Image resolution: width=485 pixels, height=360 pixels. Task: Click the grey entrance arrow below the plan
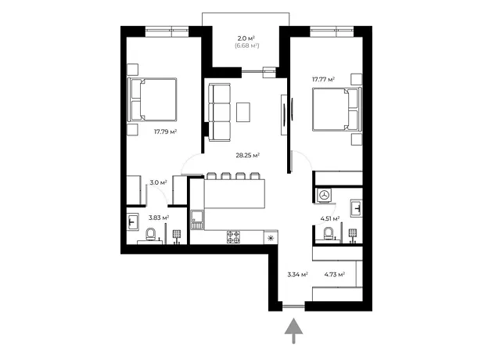pyautogui.click(x=293, y=330)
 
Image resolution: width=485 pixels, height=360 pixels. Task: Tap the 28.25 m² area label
pyautogui.click(x=247, y=155)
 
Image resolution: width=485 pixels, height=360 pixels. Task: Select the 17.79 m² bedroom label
pyautogui.click(x=166, y=131)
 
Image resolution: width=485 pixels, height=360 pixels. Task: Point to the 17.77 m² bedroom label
pyautogui.click(x=323, y=80)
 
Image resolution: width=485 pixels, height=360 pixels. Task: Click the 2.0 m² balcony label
pyautogui.click(x=246, y=38)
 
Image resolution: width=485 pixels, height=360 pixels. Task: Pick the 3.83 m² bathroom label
pyautogui.click(x=159, y=218)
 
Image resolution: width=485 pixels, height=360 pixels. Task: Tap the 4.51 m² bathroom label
pyautogui.click(x=330, y=219)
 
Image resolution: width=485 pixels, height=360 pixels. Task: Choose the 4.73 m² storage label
pyautogui.click(x=335, y=274)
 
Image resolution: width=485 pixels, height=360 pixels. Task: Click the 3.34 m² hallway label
pyautogui.click(x=297, y=274)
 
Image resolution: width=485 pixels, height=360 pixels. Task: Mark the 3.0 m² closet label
pyautogui.click(x=158, y=182)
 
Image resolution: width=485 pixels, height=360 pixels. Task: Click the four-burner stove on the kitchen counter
pyautogui.click(x=233, y=237)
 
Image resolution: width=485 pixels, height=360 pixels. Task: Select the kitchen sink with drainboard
pyautogui.click(x=197, y=220)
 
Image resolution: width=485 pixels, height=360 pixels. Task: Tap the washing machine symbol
pyautogui.click(x=324, y=195)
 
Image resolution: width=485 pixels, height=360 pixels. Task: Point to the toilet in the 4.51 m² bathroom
pyautogui.click(x=329, y=233)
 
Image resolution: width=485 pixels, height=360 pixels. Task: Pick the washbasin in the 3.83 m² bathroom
pyautogui.click(x=133, y=222)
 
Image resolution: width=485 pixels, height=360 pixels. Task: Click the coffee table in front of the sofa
pyautogui.click(x=243, y=112)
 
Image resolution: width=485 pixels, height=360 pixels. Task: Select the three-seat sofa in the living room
pyautogui.click(x=219, y=112)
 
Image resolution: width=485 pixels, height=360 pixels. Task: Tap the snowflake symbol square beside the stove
pyautogui.click(x=271, y=238)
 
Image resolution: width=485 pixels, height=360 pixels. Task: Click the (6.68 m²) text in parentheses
pyautogui.click(x=246, y=46)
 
